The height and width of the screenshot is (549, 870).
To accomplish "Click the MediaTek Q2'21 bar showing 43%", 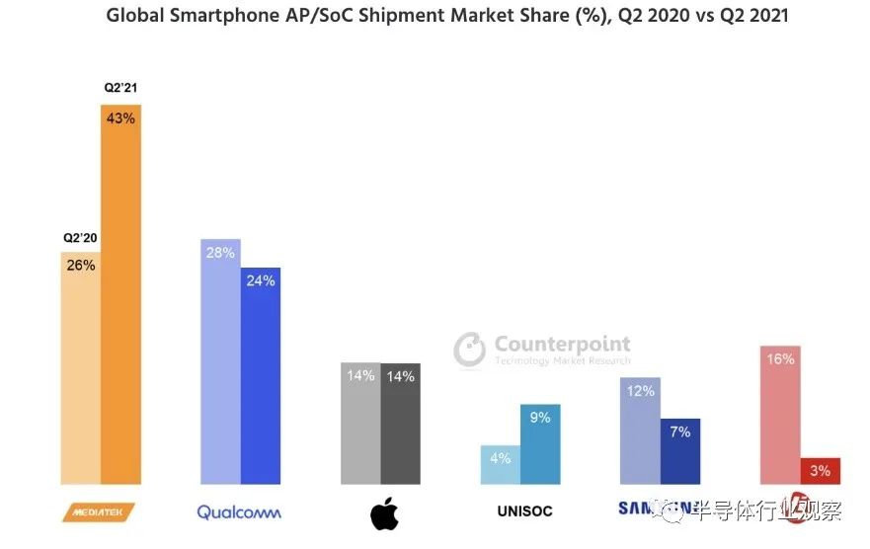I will point(120,296).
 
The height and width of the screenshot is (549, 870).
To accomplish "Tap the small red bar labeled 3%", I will point(821,471).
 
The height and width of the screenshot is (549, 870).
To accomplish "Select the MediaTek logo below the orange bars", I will point(98,511).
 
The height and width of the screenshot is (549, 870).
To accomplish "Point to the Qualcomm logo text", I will point(239,511).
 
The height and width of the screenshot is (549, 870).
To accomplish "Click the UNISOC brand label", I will point(524,511).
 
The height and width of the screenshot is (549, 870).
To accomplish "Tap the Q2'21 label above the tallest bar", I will point(119,88).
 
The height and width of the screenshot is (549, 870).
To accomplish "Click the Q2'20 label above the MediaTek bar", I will point(80,238).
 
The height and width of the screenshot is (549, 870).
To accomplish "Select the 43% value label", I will point(120,117).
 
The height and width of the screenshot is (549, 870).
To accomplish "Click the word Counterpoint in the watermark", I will point(562,344).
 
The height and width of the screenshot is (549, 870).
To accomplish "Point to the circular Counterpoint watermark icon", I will point(470,349).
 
